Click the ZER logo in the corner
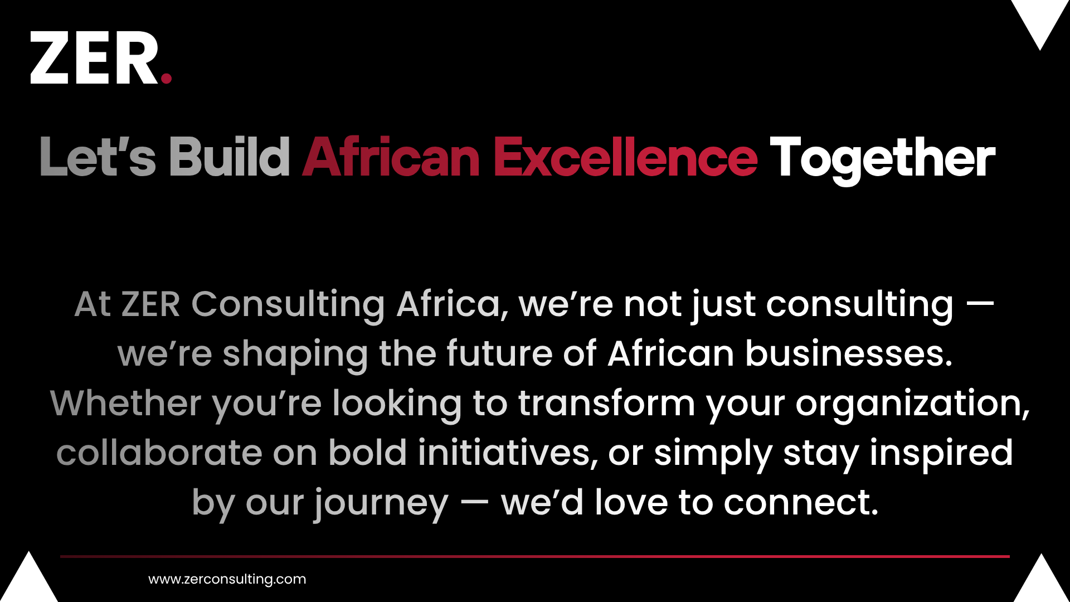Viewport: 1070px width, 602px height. [101, 57]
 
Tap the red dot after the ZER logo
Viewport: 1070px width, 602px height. [166, 78]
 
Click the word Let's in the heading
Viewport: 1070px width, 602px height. [98, 158]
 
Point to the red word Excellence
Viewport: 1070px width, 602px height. [625, 157]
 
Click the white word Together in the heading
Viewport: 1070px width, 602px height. [883, 160]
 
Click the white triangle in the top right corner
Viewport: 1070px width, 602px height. [1040, 22]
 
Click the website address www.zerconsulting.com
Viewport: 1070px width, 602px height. [227, 579]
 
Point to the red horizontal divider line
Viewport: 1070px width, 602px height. [535, 556]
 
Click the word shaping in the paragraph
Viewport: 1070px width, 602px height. [295, 355]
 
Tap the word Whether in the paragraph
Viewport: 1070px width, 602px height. [126, 403]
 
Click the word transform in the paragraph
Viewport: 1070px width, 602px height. [606, 403]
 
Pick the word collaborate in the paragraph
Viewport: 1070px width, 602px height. [159, 453]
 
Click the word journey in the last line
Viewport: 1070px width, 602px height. [381, 504]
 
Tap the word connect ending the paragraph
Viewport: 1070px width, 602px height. [801, 503]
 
